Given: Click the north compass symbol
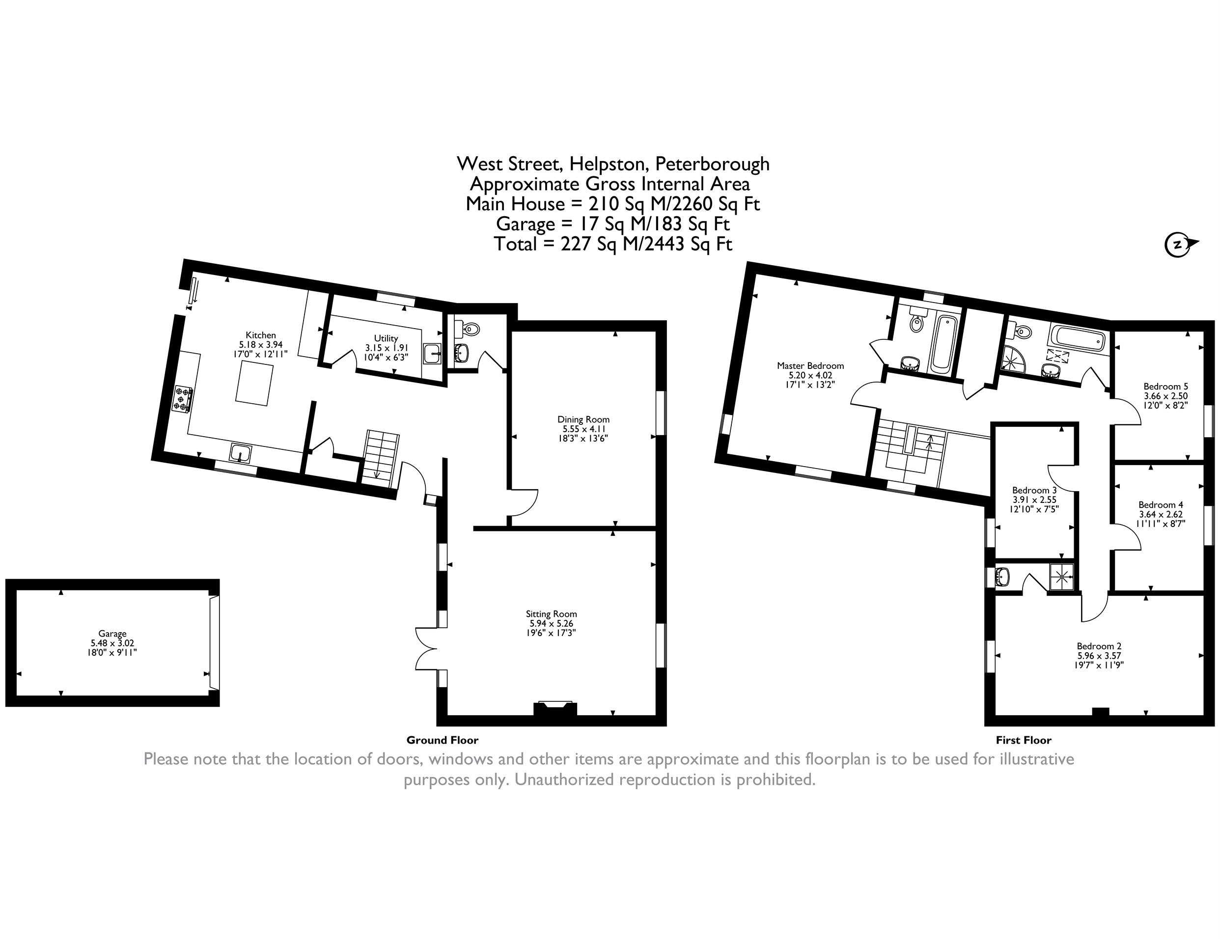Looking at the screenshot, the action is pyautogui.click(x=1180, y=244).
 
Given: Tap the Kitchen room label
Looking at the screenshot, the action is pyautogui.click(x=260, y=335).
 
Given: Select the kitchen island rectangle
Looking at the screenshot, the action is pyautogui.click(x=255, y=383).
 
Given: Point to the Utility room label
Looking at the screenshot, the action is pyautogui.click(x=386, y=338).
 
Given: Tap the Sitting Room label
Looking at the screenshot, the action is pyautogui.click(x=552, y=614).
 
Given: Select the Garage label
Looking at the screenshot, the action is pyautogui.click(x=112, y=634).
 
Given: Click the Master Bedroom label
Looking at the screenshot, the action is pyautogui.click(x=810, y=366).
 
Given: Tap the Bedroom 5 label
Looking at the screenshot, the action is pyautogui.click(x=1166, y=386).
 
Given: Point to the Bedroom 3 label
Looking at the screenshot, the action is pyautogui.click(x=1034, y=490).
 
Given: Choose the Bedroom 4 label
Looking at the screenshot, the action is pyautogui.click(x=1161, y=504).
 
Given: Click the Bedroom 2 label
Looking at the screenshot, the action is pyautogui.click(x=1099, y=646).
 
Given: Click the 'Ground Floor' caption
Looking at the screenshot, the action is pyautogui.click(x=443, y=740).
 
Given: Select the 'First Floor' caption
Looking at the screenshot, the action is pyautogui.click(x=1024, y=740).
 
